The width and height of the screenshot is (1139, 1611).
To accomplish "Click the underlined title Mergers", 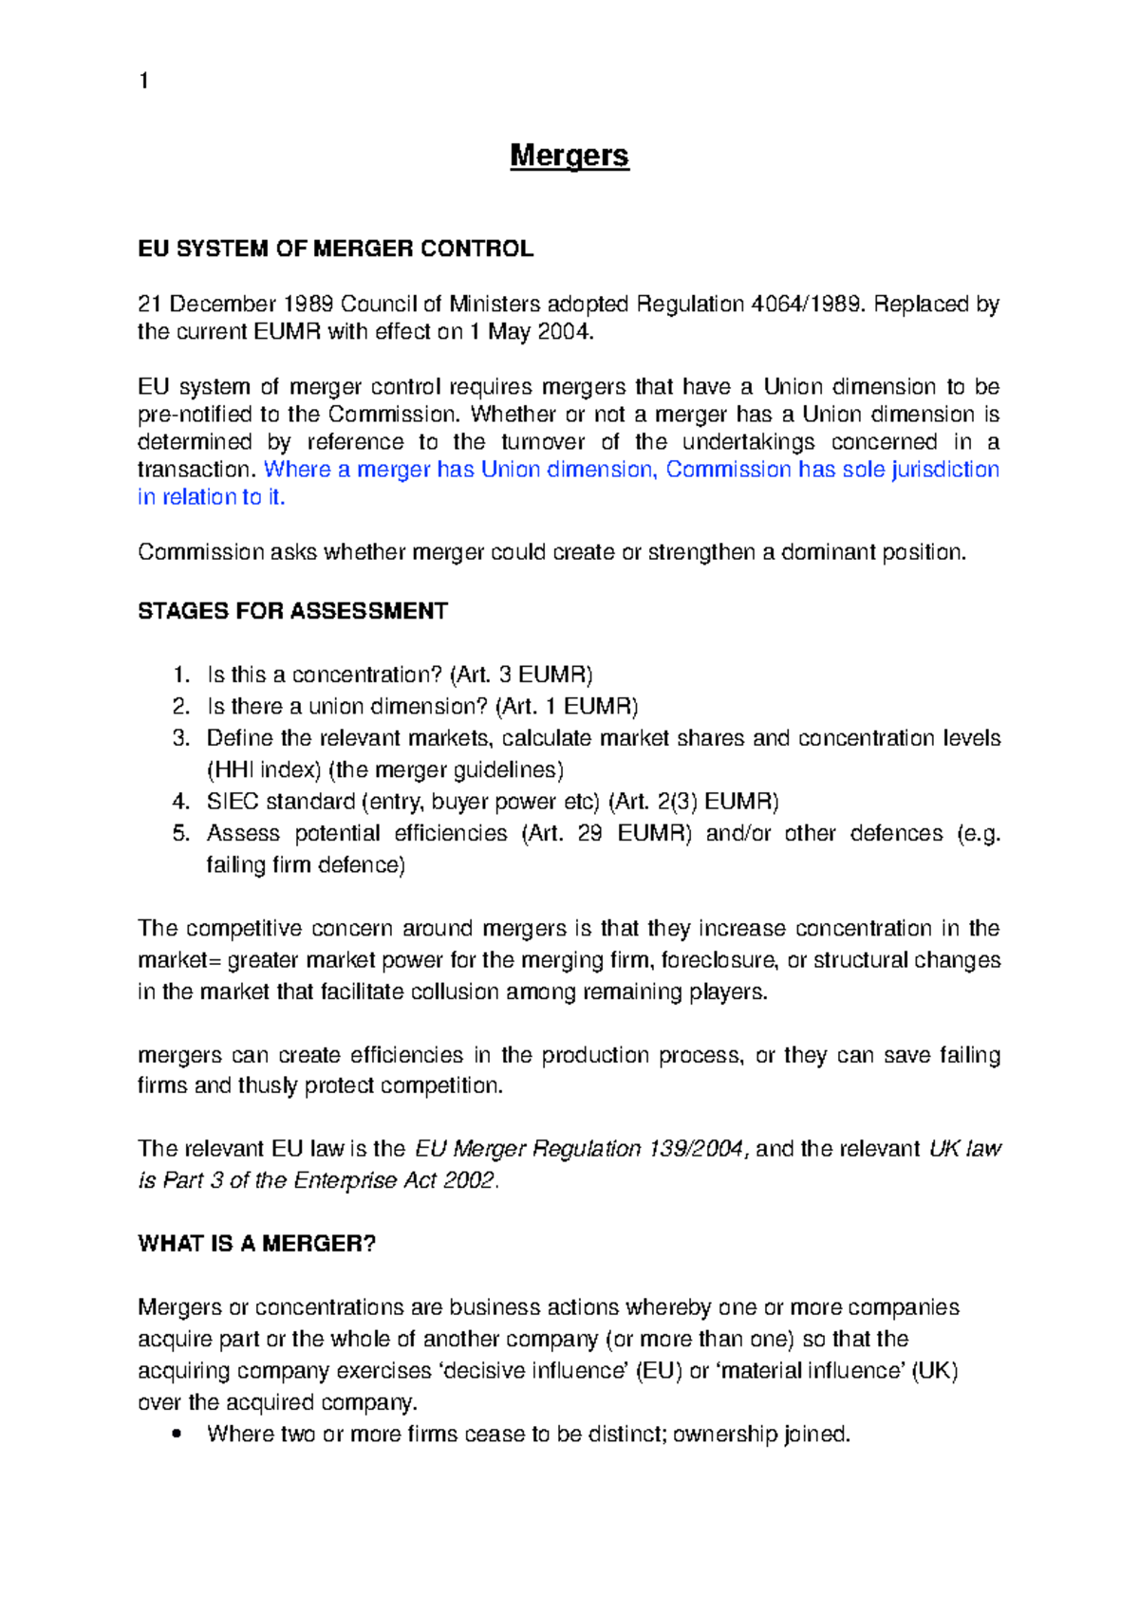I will tap(569, 156).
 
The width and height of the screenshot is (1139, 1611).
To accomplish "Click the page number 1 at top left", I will tap(143, 81).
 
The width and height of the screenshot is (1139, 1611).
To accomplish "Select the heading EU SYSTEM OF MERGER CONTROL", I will tap(335, 249).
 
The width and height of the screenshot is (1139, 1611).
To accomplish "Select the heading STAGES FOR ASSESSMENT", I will tap(292, 611).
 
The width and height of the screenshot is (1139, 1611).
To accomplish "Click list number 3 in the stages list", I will tap(180, 738).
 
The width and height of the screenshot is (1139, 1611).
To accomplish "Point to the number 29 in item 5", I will tap(589, 833).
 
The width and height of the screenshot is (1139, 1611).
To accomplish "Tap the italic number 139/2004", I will tap(698, 1149).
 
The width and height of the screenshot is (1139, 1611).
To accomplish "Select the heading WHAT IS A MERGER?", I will tap(256, 1244).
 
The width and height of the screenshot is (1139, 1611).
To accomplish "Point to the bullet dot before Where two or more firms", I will tap(177, 1435).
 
